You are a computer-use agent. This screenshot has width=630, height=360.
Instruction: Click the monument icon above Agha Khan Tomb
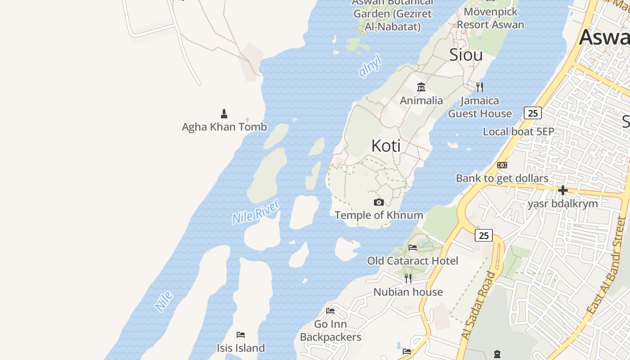point(224,113)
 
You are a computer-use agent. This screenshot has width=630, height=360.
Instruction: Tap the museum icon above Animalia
point(421,87)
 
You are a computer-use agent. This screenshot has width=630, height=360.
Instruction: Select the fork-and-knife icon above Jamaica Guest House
point(480,87)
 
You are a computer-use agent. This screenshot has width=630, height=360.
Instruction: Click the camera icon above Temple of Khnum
point(379,202)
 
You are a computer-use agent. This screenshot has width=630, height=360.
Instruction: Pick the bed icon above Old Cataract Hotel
point(413,247)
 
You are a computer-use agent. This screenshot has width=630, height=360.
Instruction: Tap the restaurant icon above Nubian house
point(408,279)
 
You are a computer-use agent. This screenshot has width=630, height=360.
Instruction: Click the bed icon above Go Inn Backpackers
point(330,310)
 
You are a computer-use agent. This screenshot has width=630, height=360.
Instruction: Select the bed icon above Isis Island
point(241,334)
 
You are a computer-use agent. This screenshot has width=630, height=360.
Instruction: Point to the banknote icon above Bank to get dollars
point(502,165)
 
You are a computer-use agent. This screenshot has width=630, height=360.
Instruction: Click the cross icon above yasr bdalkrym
point(562,190)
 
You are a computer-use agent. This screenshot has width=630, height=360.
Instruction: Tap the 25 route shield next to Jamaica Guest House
point(533,113)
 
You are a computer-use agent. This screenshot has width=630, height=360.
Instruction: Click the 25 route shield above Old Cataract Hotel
point(484,235)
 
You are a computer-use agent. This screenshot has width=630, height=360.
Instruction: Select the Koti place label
point(386,145)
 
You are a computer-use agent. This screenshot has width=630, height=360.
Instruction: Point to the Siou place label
point(466,54)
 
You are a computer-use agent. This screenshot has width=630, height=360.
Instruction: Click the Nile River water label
point(256,211)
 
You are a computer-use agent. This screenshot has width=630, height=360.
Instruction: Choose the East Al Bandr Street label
point(607,265)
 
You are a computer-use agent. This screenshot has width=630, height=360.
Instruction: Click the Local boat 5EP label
point(518,131)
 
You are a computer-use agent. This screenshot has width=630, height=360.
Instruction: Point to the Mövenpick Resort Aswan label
point(490,18)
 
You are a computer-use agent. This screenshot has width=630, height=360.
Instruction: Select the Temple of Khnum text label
point(379,215)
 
